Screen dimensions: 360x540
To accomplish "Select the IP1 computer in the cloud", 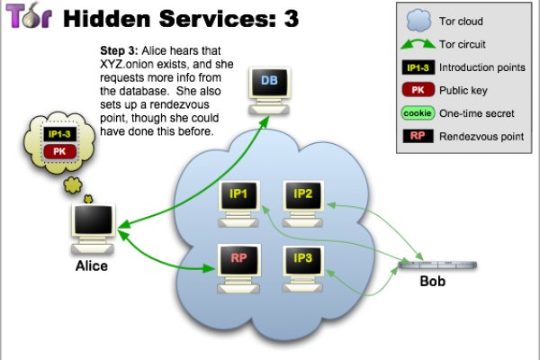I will pyautogui.click(x=239, y=197).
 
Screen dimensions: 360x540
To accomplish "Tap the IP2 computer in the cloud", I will pyautogui.click(x=302, y=197).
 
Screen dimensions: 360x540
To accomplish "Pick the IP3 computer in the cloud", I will pyautogui.click(x=302, y=263).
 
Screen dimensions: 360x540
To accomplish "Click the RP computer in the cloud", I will pyautogui.click(x=239, y=263).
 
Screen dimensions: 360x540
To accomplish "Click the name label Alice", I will pyautogui.click(x=91, y=266).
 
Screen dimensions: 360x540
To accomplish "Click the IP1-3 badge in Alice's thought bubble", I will pyautogui.click(x=60, y=134).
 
